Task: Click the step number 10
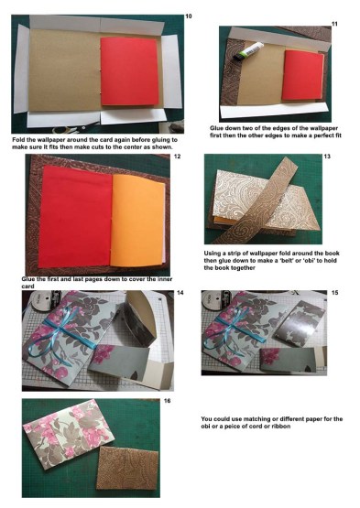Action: click(189, 16)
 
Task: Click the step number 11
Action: click(334, 24)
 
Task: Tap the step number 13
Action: click(327, 157)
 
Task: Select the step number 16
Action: click(167, 401)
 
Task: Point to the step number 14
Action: click(180, 293)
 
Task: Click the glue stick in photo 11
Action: click(247, 51)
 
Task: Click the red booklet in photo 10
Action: click(129, 71)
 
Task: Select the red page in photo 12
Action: click(76, 216)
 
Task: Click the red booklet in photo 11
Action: click(303, 75)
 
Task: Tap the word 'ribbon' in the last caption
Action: click(281, 426)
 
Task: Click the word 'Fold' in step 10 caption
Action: click(18, 140)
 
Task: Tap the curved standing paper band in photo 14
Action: click(142, 320)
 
